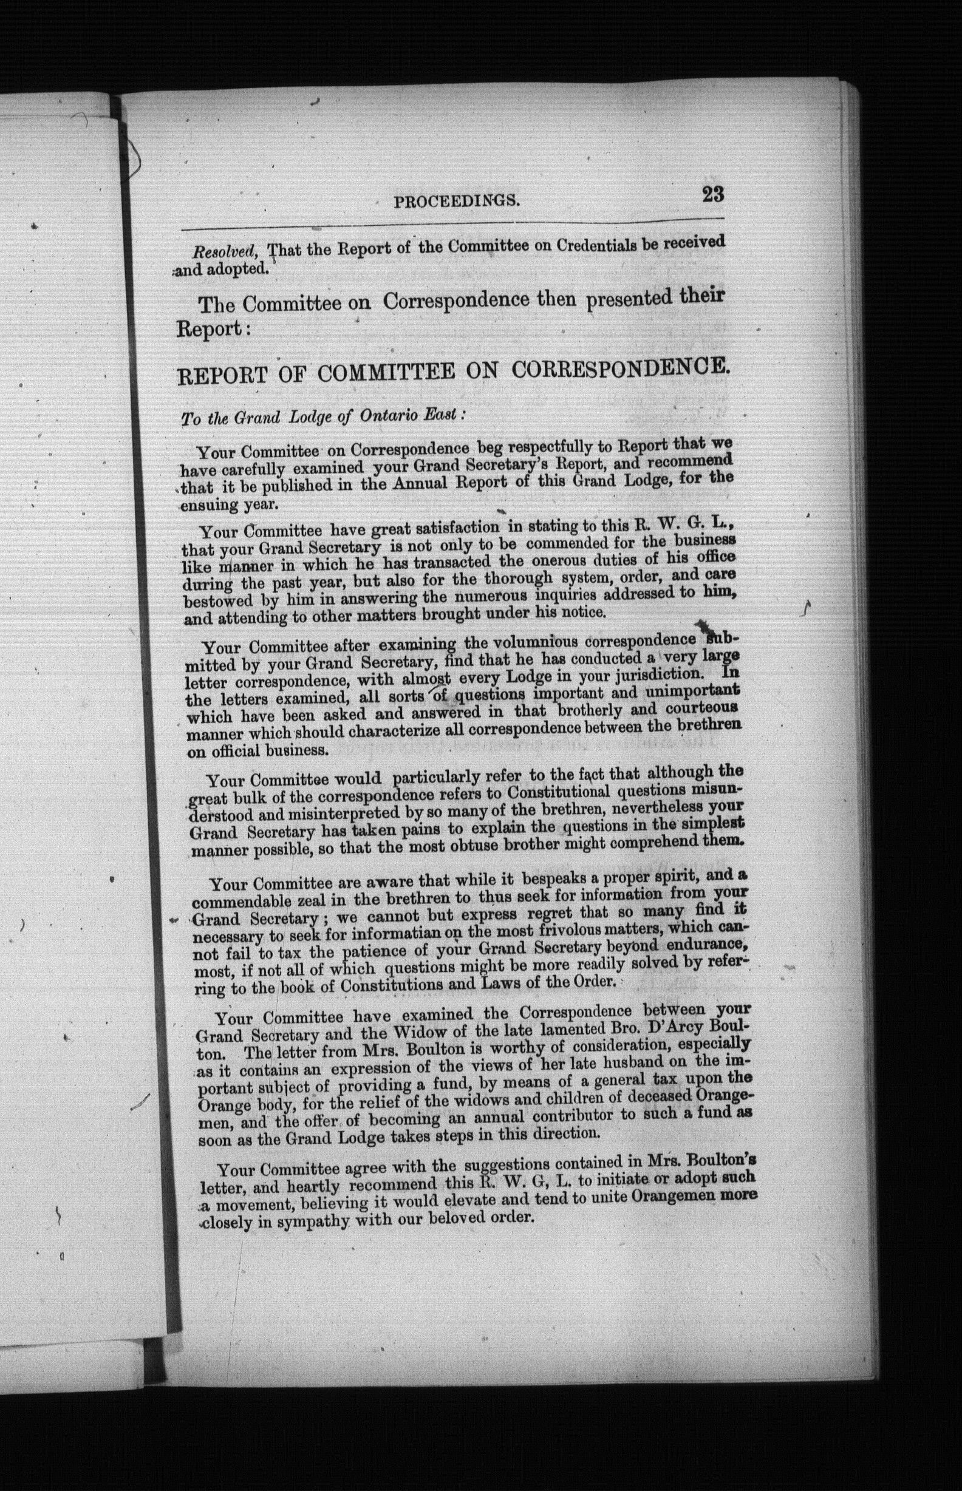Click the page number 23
[x=713, y=194]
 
